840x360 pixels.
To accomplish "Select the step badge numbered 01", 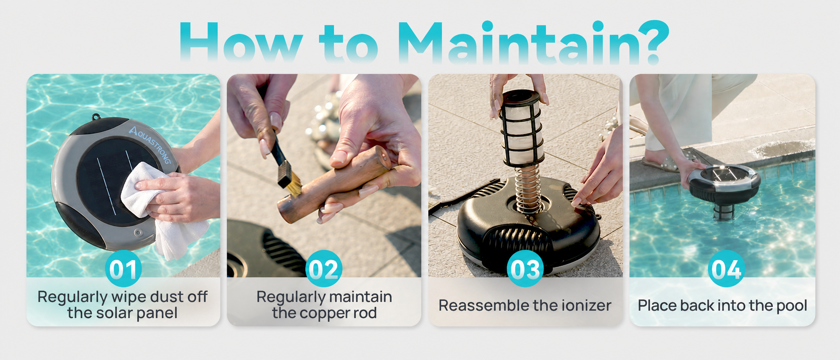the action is (x=123, y=269).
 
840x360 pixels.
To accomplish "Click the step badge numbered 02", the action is (x=324, y=269).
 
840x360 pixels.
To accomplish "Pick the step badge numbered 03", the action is (x=525, y=269).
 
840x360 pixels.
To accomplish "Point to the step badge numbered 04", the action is (x=726, y=269).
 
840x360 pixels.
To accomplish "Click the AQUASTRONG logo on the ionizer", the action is (x=150, y=144).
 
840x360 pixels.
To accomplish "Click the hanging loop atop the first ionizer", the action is (x=96, y=116).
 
